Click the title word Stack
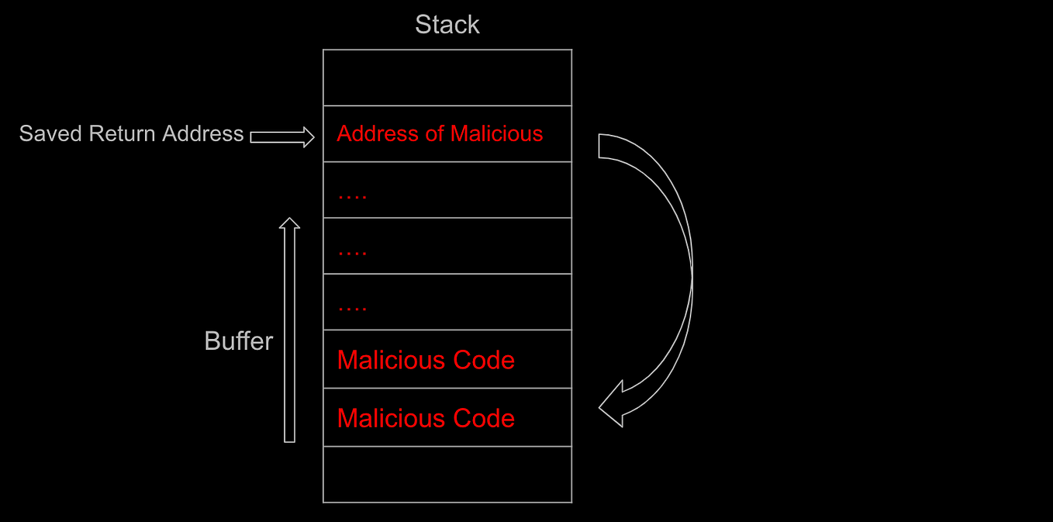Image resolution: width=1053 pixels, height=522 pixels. (x=447, y=25)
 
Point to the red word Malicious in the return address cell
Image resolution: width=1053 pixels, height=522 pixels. (x=496, y=133)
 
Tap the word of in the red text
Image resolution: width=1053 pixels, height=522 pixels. (x=434, y=133)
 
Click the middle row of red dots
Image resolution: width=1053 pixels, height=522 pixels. (x=352, y=253)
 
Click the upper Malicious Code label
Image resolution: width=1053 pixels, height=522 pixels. (x=426, y=360)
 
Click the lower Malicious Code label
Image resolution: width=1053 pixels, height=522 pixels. (x=426, y=418)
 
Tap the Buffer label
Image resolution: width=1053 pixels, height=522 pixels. (x=238, y=341)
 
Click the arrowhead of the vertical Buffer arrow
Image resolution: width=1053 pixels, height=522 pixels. (x=289, y=224)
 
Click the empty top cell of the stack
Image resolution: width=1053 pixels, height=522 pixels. (x=447, y=78)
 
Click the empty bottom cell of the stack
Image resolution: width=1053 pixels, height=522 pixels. (x=447, y=474)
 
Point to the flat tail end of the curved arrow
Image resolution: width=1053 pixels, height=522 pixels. (x=599, y=146)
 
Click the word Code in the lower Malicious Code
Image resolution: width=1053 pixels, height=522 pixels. (x=484, y=418)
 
